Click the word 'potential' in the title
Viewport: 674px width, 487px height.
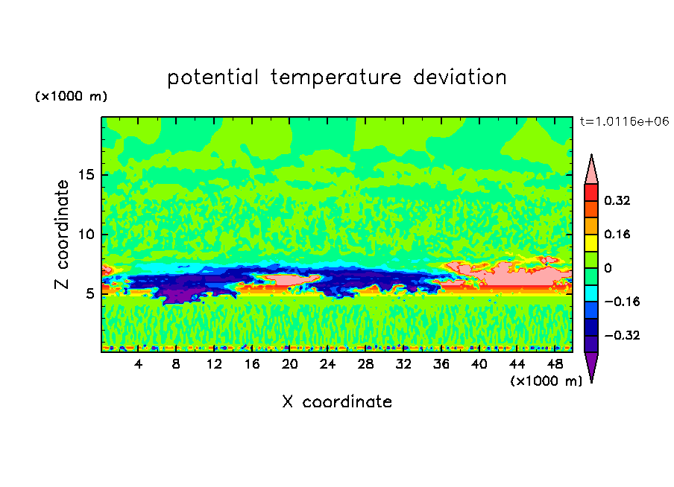coord(212,78)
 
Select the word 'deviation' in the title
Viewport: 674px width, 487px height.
coord(460,77)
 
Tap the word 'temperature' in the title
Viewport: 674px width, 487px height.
coord(336,78)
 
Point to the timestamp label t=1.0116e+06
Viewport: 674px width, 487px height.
coord(625,121)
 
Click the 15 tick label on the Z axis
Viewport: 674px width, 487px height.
coord(86,175)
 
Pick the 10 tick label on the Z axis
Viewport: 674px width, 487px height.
coord(86,234)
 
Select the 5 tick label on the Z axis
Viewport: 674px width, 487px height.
coord(90,293)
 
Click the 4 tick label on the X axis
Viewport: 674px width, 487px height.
coord(138,364)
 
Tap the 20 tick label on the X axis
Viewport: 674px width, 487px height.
coord(290,364)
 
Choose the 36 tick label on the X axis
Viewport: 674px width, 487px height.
coord(441,364)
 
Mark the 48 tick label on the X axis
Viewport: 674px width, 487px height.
coord(555,364)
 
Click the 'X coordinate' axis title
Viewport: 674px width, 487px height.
coord(337,401)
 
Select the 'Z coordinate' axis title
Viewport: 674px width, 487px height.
coord(62,235)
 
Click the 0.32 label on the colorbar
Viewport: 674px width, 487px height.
coord(617,200)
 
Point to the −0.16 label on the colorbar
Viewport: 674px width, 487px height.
coord(622,302)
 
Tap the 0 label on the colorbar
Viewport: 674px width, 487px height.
coord(608,268)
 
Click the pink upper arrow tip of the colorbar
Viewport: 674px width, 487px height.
coord(591,156)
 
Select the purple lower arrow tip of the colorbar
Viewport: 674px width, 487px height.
coord(591,381)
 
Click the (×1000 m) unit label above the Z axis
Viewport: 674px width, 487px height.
coord(72,96)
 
